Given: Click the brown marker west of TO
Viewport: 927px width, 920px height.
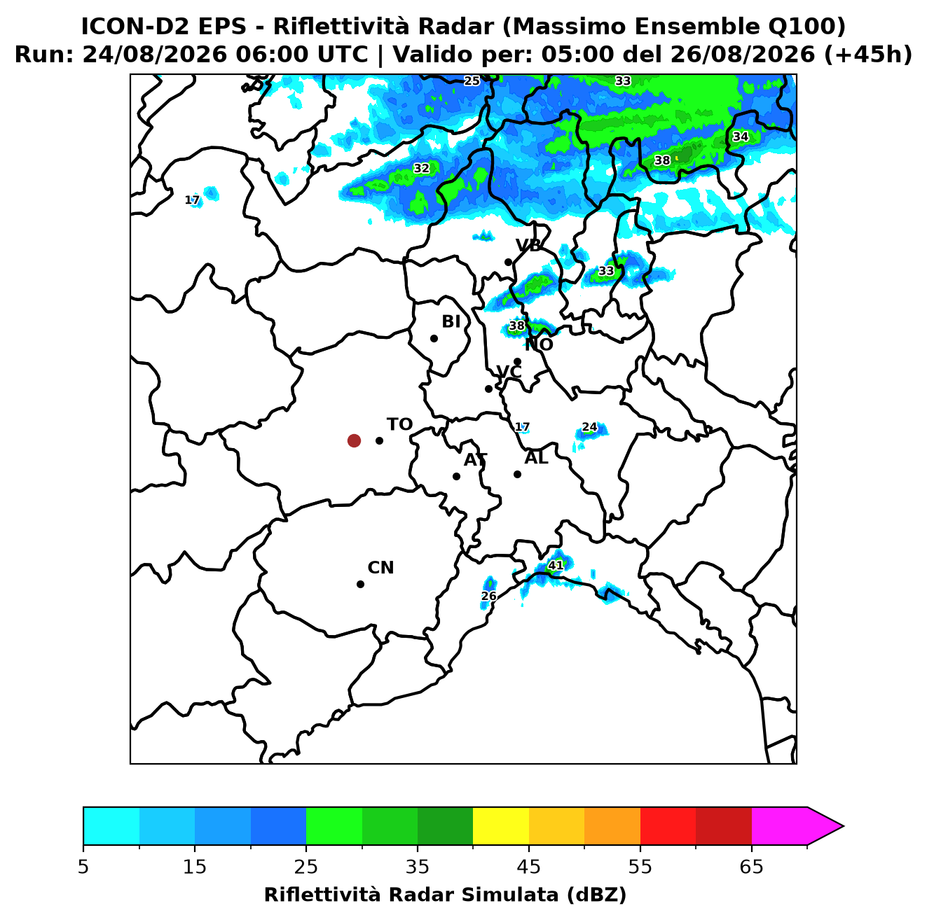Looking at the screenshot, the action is (354, 440).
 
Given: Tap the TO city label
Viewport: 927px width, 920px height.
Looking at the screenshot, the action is (400, 425).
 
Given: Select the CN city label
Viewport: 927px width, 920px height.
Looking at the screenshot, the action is (380, 568).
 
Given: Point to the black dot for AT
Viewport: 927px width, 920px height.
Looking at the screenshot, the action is (457, 477).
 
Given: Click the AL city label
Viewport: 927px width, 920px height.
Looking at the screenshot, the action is (537, 458).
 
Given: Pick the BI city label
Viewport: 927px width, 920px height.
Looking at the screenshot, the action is (451, 322).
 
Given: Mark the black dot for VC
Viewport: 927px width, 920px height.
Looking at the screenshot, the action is (489, 389).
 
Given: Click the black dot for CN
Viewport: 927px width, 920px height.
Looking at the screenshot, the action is (360, 585).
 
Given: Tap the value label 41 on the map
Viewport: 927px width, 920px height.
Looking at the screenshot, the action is (556, 566).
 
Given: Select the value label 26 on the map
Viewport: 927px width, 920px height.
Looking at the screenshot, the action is (489, 597).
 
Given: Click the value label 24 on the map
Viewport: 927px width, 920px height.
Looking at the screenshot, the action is (590, 427).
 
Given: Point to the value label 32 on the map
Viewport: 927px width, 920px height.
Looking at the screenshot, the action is (421, 168).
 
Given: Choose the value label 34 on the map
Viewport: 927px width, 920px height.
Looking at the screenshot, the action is (741, 137).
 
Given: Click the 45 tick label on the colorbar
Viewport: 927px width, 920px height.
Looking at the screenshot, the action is (529, 867).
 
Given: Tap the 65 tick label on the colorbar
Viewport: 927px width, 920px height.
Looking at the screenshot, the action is (751, 867).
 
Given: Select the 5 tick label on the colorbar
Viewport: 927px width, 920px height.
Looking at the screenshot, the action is (83, 867).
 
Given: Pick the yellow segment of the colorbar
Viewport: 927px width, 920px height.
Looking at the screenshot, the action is (501, 826).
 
